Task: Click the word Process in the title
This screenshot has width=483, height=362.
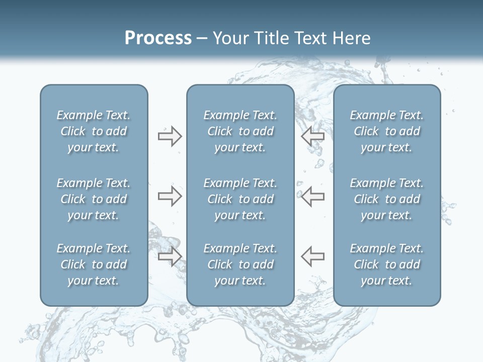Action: (158, 38)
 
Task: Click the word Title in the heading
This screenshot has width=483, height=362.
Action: (270, 38)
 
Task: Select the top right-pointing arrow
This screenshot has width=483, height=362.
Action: (170, 136)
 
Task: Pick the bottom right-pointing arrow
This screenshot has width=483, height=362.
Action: (170, 256)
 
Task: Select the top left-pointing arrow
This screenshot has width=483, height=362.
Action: (312, 136)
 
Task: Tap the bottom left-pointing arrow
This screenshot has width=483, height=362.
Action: (312, 256)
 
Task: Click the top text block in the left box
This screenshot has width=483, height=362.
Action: (94, 131)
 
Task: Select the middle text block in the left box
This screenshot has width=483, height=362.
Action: (94, 199)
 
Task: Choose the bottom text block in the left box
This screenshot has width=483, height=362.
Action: (94, 264)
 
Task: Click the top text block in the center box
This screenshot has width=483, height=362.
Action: (240, 131)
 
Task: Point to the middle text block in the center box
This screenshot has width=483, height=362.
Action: (240, 199)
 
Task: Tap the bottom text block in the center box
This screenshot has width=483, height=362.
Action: (240, 264)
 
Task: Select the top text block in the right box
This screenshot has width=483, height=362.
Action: (387, 131)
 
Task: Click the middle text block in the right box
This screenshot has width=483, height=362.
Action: (387, 199)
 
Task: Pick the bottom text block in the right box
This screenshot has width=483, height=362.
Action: (387, 264)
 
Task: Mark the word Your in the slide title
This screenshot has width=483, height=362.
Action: (230, 38)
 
